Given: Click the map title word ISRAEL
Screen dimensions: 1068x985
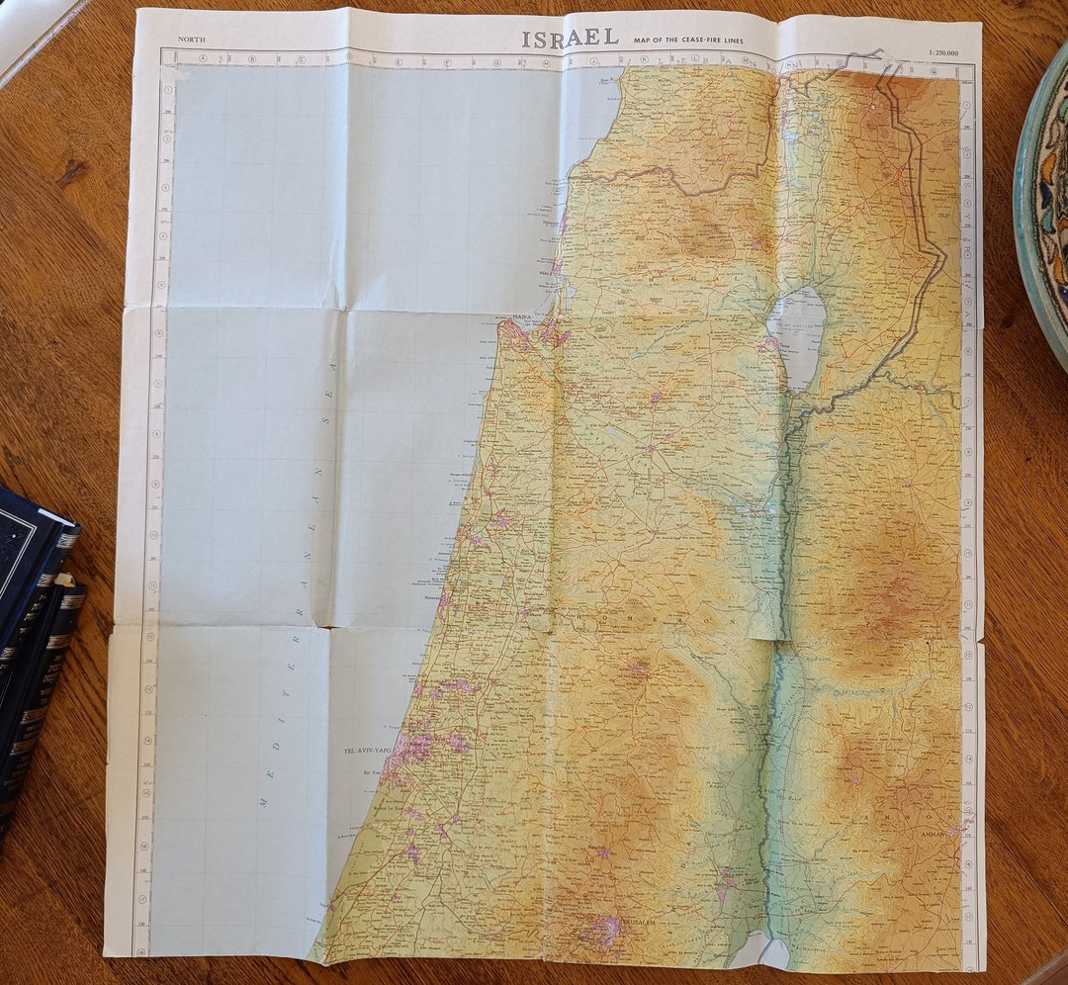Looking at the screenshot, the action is coord(570,38).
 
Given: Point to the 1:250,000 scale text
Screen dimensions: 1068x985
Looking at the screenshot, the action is coord(943,52).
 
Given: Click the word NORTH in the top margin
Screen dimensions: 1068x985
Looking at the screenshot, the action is coord(192,39).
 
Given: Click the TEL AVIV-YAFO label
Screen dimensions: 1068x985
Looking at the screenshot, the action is coord(367,751).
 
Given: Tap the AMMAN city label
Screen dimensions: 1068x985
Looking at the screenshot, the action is coord(933,834).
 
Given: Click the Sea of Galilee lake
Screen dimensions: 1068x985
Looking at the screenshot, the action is coord(797,326).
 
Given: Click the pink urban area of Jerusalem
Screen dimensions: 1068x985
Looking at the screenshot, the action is coord(603,930).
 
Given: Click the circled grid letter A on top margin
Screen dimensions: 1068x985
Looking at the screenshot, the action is coord(204,58).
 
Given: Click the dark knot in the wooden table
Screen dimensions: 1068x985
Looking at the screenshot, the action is coord(71,173).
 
